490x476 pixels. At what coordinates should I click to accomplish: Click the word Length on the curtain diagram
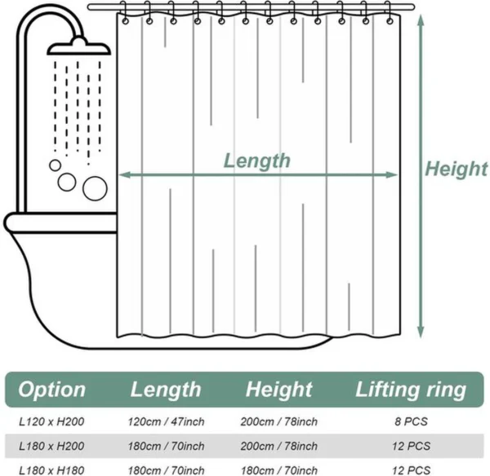(256, 160)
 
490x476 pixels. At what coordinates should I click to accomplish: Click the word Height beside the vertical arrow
(456, 169)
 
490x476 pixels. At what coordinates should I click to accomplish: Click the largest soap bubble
(95, 187)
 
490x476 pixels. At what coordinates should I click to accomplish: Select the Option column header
(51, 390)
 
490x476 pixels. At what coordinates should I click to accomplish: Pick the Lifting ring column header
(410, 390)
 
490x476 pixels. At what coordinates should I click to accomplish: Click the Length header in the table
(165, 390)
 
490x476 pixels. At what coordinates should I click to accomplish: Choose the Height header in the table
(279, 390)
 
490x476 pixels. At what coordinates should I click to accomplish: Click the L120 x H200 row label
(52, 422)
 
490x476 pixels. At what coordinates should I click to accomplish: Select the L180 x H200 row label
(52, 446)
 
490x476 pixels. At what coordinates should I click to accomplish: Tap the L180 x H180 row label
(52, 469)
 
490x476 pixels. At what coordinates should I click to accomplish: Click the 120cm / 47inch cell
(166, 422)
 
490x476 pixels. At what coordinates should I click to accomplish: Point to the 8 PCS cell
(410, 422)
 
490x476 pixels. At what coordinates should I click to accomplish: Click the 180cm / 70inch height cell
(280, 469)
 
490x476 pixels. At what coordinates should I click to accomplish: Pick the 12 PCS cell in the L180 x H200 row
(410, 446)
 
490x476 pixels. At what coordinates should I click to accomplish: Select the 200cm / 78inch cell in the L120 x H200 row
(280, 422)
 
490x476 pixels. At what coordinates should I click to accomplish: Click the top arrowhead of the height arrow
(421, 20)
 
